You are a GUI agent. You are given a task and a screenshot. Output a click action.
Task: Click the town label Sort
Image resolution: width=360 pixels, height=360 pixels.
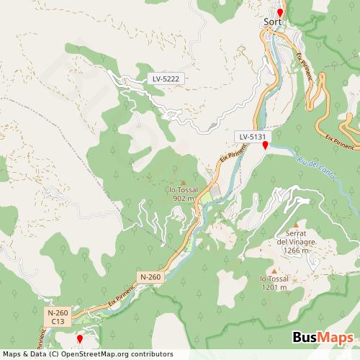272,22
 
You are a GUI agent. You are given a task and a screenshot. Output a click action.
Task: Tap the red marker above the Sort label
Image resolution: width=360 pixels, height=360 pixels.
280,12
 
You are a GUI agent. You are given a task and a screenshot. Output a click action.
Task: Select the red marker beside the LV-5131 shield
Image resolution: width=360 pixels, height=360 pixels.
265,145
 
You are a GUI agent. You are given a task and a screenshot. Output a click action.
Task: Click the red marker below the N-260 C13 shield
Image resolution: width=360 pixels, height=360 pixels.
79,338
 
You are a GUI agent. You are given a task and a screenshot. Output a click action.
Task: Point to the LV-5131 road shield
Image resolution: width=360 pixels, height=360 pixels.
253,135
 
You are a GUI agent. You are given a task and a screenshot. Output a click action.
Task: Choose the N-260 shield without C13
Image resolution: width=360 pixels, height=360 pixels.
151,276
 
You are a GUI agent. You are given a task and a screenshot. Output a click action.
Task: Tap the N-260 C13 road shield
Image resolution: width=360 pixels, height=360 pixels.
58,317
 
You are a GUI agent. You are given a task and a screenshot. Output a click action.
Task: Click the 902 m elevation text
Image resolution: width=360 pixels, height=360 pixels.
184,198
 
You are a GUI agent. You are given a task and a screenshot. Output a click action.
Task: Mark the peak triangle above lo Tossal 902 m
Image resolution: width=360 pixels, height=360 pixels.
183,181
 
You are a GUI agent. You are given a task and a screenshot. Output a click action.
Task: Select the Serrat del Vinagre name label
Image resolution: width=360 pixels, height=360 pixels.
297,238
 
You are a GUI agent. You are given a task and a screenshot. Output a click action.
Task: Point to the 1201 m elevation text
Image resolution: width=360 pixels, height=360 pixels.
274,287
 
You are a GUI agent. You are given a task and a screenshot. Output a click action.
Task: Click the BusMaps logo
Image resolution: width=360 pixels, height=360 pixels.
323,338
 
